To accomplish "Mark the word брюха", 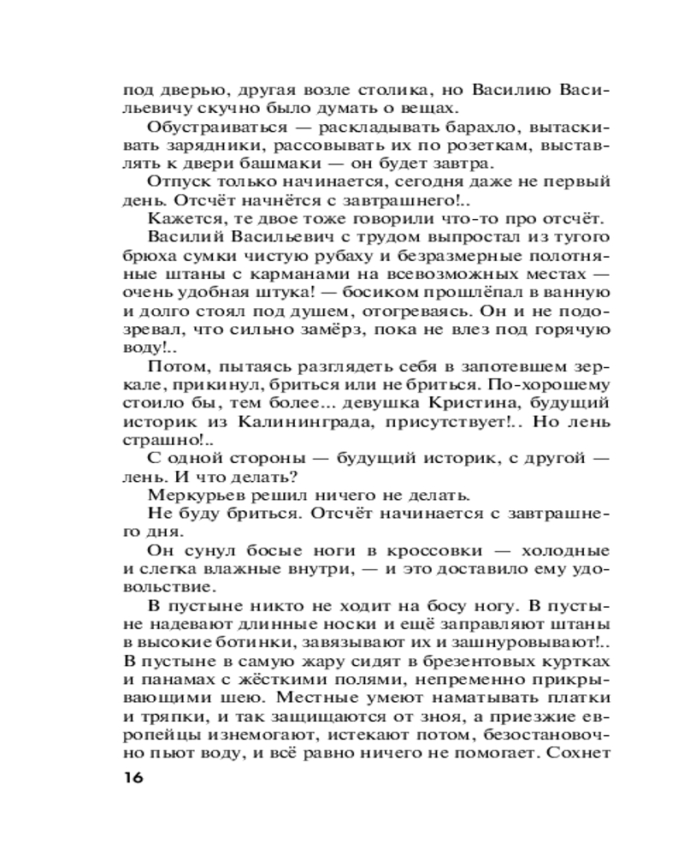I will pyautogui.click(x=144, y=256).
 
